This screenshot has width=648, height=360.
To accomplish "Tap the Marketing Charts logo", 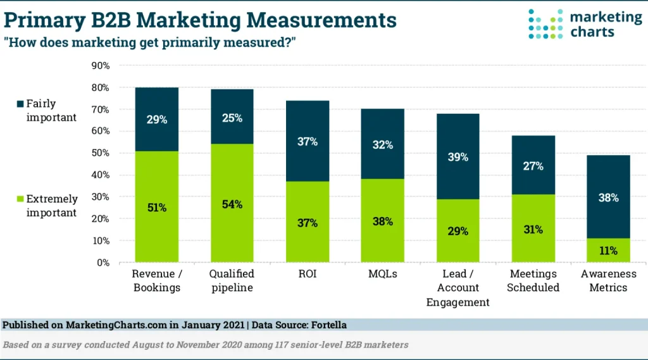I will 584,24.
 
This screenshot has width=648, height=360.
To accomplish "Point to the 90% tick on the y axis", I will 101,66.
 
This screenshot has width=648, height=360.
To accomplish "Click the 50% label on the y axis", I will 101,153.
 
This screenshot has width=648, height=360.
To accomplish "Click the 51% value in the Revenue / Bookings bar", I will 156,208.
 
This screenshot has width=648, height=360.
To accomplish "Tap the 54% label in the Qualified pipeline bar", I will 232,204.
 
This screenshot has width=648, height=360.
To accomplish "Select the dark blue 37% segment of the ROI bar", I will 307,141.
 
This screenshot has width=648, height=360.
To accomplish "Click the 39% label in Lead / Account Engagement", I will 458,157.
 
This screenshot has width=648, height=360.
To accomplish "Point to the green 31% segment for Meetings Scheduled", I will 533,229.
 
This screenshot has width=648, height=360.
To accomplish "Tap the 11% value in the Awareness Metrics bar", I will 608,250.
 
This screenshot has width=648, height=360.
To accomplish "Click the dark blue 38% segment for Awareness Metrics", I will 608,197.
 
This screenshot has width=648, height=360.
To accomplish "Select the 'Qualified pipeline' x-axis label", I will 232,280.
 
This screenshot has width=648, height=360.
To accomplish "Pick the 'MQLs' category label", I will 382,274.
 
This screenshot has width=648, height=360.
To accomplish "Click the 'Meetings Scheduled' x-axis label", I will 533,280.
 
